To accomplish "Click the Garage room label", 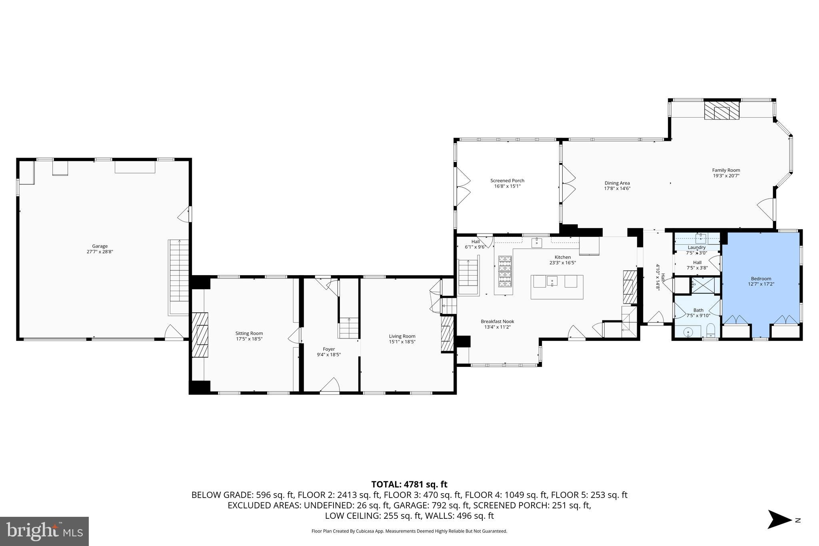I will click(x=100, y=246).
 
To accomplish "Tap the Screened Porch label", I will click(x=507, y=180).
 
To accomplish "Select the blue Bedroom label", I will click(x=761, y=278).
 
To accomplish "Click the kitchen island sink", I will click(x=552, y=281).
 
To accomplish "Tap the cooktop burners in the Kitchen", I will click(x=505, y=271).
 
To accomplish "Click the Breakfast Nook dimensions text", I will click(x=497, y=327).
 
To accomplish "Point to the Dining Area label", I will click(x=617, y=183).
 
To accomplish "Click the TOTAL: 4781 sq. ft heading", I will click(x=409, y=484).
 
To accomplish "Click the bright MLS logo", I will click(x=44, y=531).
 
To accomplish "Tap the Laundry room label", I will click(x=696, y=247).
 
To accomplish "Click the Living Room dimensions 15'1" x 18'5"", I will click(x=402, y=342).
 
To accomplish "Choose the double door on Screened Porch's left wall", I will click(x=463, y=186).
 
